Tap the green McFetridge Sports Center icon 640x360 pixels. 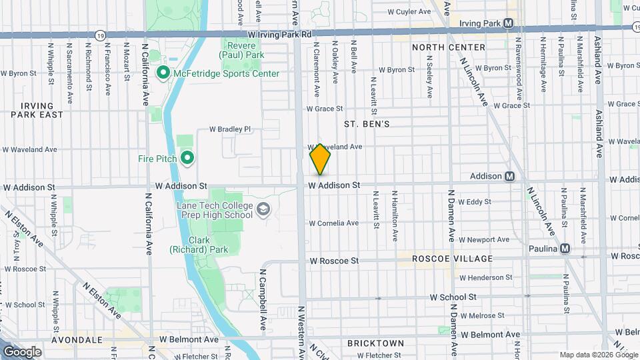click(163, 73)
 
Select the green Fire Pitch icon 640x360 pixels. click(187, 158)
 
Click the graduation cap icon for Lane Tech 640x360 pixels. click(264, 210)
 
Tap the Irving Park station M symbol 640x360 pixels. click(509, 23)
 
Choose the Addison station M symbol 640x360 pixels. click(509, 176)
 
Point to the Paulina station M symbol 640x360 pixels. click(565, 248)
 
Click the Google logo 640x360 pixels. click(22, 351)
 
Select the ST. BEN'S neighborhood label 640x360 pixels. click(366, 124)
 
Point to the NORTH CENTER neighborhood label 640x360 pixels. click(448, 47)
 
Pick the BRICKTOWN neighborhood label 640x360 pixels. click(375, 343)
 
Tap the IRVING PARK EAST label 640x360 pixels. click(41, 110)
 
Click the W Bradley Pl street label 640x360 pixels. click(229, 129)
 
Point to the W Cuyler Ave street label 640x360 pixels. click(405, 12)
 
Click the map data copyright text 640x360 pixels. click(597, 355)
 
